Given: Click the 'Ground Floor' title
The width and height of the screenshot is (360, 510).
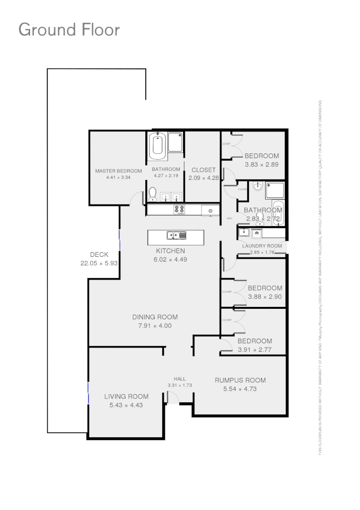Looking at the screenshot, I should click(69, 30).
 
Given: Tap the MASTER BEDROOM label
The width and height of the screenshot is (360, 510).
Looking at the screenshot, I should click(118, 171).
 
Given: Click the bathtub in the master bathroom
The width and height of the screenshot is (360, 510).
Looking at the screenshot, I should click(158, 146).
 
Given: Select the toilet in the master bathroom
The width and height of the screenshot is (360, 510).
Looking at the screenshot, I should click(152, 195).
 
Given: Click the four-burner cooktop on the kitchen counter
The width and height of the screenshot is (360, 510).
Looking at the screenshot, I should click(180, 209).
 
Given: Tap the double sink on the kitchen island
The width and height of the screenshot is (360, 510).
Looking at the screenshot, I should click(176, 235).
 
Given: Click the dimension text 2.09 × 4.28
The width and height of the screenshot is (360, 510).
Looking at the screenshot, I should click(203, 178).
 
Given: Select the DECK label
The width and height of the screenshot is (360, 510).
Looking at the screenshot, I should click(99, 255).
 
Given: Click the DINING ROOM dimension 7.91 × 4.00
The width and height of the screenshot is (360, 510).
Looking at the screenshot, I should click(155, 326).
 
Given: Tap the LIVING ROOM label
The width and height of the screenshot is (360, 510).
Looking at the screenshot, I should click(126, 397).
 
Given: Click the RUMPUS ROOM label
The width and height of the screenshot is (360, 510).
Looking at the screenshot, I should click(240, 380).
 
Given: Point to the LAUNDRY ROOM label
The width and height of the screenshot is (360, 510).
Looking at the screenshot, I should click(262, 246).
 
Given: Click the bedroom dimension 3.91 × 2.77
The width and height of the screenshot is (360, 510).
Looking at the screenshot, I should click(255, 349).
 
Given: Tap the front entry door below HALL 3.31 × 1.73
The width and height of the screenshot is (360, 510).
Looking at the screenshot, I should click(172, 399).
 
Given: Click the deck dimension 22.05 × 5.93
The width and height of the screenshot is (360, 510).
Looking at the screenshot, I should click(99, 263).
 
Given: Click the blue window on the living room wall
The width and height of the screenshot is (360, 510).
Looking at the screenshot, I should click(88, 393).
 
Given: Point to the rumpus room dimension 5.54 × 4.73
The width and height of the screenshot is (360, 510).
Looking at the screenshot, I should click(240, 389).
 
